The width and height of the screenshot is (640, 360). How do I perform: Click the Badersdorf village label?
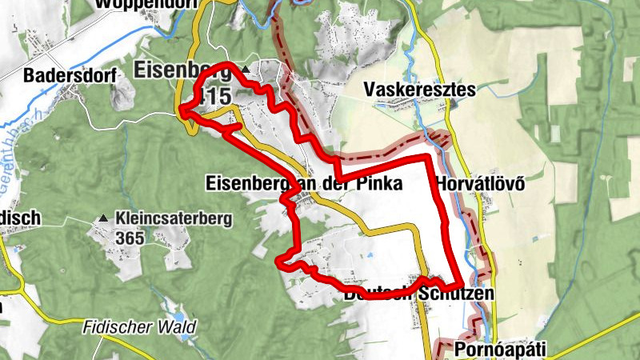[70, 76]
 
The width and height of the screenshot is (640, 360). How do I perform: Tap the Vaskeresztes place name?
[419, 89]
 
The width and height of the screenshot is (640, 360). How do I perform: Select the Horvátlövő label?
[480, 183]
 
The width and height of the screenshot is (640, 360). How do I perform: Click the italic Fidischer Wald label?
[138, 328]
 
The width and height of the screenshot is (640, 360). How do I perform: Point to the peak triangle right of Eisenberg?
[246, 73]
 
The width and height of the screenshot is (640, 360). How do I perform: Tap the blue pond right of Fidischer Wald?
[186, 337]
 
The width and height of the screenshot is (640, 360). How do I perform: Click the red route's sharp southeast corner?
[460, 285]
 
